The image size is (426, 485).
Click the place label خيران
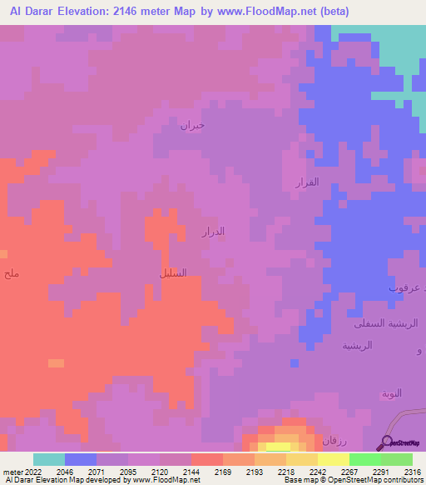(192, 125)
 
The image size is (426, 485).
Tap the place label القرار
(307, 182)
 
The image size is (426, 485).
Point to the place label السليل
(172, 272)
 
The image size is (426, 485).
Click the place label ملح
(11, 273)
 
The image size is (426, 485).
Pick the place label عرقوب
(405, 287)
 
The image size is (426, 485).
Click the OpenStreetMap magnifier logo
(386, 443)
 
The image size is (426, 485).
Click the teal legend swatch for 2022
(49, 459)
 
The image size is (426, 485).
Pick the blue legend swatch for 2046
(81, 459)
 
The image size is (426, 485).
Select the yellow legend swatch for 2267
(333, 459)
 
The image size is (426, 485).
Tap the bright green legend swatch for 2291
(364, 459)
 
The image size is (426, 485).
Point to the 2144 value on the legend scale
(191, 472)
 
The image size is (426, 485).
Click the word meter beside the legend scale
(13, 472)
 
